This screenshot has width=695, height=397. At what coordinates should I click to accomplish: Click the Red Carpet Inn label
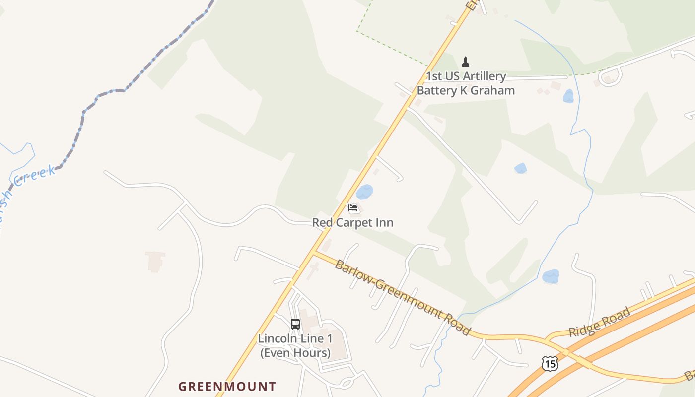coord(352,223)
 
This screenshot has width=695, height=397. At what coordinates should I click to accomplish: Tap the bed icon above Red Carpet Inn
coord(353,207)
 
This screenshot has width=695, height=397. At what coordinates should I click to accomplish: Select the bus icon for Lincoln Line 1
coord(295,324)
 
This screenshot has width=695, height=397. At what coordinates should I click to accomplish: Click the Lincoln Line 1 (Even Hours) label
coord(295,346)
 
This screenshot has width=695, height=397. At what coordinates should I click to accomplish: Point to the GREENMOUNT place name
coord(227,386)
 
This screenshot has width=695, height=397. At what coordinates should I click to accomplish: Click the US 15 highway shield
coord(550,364)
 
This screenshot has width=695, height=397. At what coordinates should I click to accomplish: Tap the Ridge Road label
coord(599,322)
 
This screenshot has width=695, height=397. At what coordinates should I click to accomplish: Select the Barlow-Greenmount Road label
coord(402,297)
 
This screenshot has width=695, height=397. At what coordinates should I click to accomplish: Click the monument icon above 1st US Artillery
coord(466,62)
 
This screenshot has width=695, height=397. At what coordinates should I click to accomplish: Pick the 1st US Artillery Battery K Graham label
coord(466,83)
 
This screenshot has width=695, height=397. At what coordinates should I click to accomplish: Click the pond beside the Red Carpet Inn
coord(365,192)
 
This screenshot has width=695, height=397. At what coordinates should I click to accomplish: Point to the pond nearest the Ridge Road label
coord(551,276)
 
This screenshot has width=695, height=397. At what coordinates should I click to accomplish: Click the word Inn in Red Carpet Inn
coord(385,223)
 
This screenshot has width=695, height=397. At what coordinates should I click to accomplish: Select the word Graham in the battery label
coord(494,90)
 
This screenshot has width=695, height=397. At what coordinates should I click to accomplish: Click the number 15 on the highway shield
coord(550,364)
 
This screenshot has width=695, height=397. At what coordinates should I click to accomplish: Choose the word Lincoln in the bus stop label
coord(275,338)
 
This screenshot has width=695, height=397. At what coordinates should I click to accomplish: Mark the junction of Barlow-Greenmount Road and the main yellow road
coord(314,253)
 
